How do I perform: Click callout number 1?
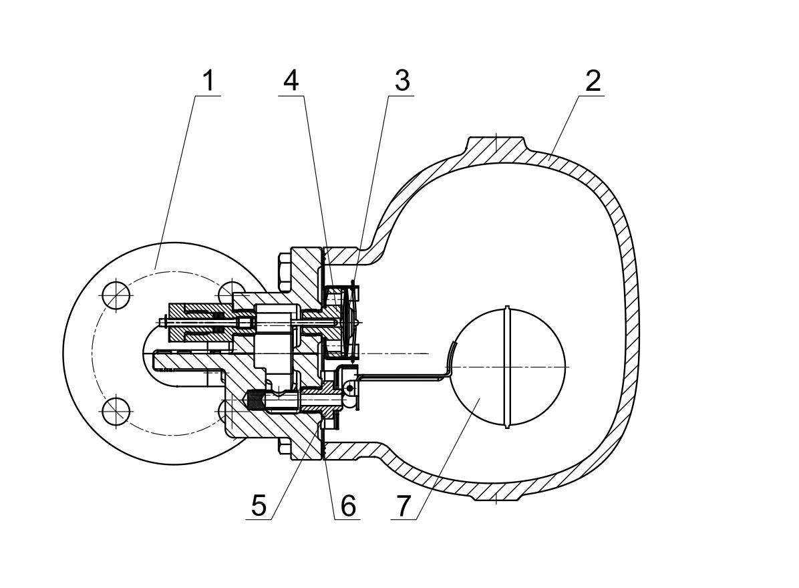coord(208,81)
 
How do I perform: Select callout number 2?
coord(593,81)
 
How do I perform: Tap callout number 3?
coord(402,81)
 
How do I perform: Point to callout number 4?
coord(291,81)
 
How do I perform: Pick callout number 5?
coord(259,505)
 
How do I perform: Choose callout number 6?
coord(348,505)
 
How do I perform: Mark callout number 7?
coord(404,505)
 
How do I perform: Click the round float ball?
coord(508,367)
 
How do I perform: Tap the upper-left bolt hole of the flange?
coord(117,295)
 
